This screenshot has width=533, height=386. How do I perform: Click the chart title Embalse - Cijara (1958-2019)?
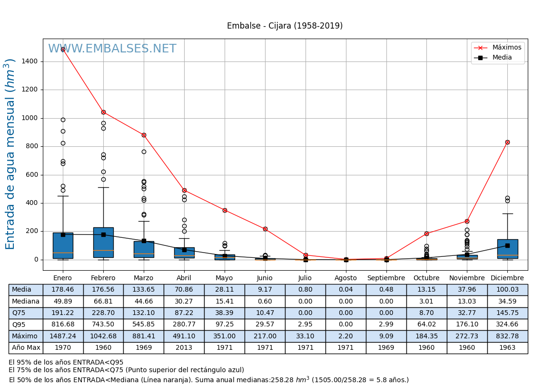point(285,26)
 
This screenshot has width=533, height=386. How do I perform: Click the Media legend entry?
point(502,58)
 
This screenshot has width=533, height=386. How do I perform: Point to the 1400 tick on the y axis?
point(30,61)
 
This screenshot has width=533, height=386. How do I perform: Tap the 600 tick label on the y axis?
point(32,175)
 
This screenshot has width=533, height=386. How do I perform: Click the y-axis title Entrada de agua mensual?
point(10,154)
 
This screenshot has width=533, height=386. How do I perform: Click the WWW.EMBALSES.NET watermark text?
point(112,49)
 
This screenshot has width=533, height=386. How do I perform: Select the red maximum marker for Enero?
point(63,49)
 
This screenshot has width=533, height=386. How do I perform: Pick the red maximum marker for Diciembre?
point(507,142)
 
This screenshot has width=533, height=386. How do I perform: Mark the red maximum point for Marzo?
point(144,135)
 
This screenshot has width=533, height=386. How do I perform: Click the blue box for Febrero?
point(103,242)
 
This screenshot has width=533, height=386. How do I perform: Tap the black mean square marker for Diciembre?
point(507,245)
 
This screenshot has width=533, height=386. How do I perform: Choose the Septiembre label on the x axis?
point(386,278)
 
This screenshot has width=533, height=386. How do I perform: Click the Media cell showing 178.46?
point(63,290)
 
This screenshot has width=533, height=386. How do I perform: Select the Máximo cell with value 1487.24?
point(63,336)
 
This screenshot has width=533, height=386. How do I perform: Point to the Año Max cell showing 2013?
point(184,348)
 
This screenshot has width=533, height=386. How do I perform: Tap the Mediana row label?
point(26,301)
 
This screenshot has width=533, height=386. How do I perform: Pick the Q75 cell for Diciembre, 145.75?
point(507,313)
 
